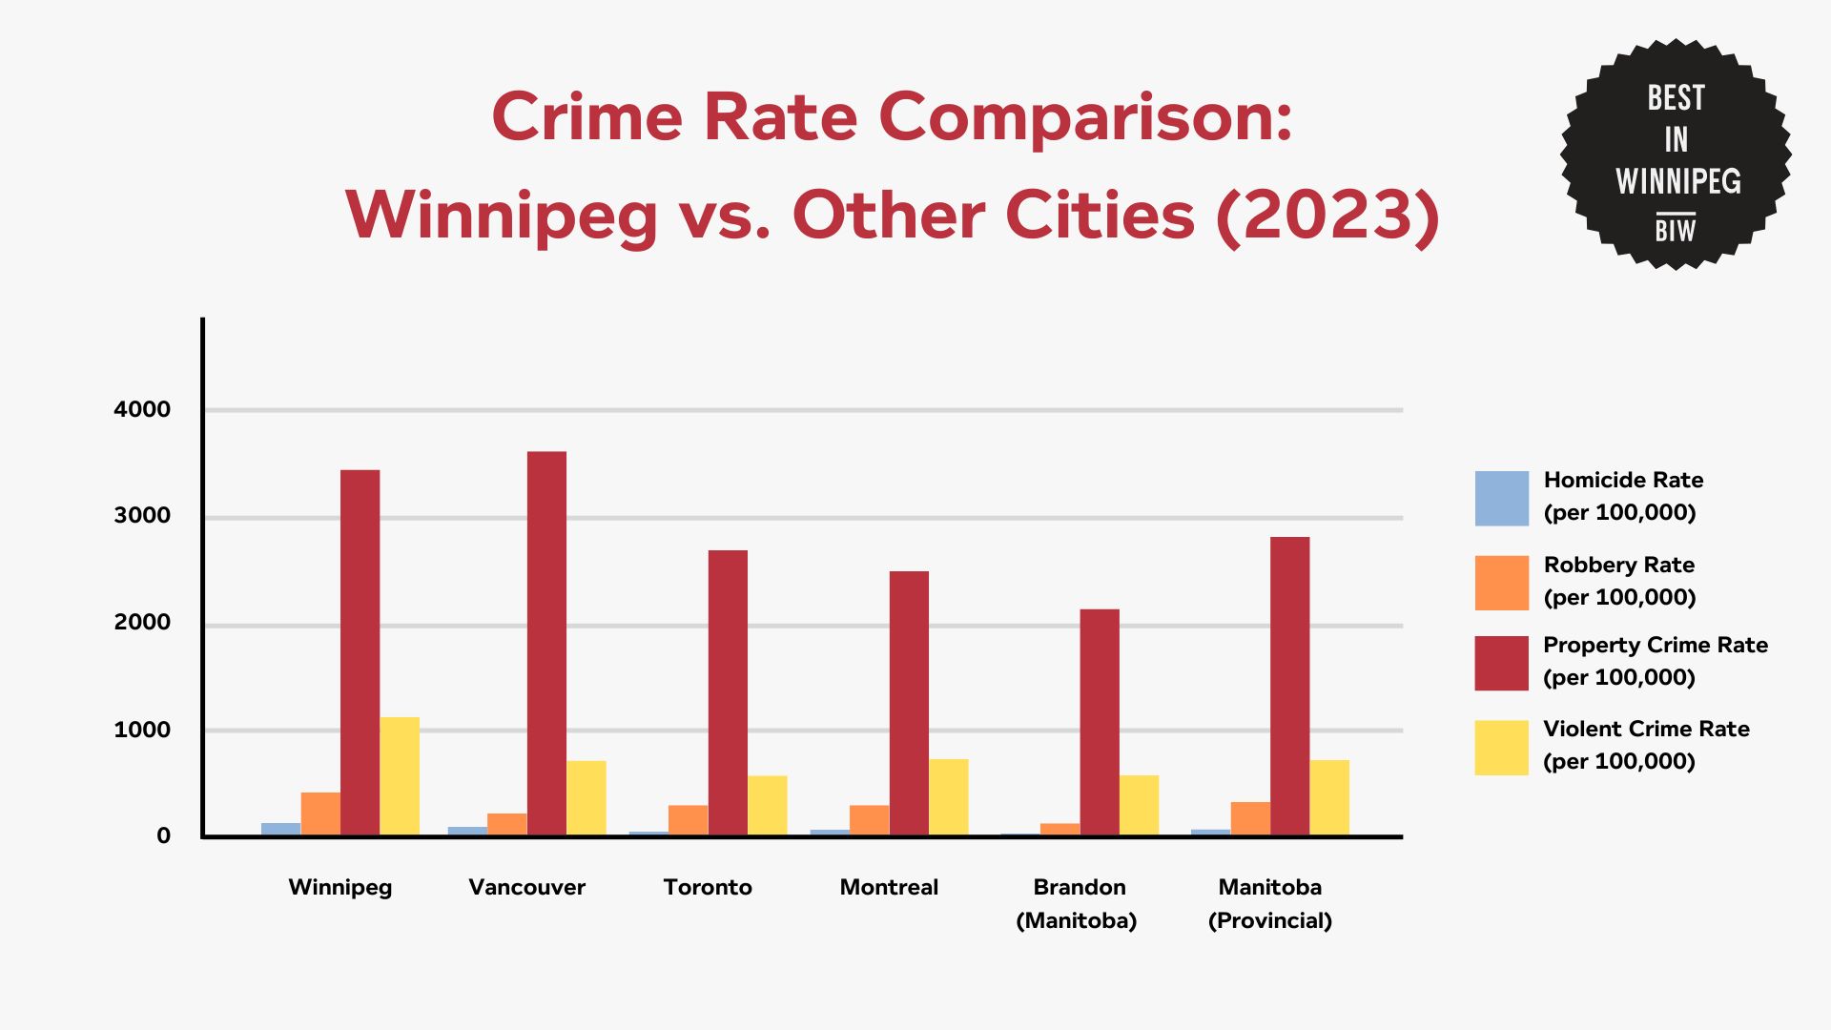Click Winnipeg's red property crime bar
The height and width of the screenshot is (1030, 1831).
coord(360,652)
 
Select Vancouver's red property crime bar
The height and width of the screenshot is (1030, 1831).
coord(546,644)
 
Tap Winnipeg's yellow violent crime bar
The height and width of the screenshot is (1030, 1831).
coord(400,776)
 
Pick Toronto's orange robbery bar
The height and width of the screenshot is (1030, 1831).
coord(688,820)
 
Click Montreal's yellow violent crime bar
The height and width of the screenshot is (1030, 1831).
coord(948,797)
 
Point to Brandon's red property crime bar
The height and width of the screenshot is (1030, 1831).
coord(1100,722)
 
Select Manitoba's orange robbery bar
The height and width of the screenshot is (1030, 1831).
coord(1250,818)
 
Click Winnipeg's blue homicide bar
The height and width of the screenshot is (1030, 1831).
coord(280,829)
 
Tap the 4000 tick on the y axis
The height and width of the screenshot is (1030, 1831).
coord(142,409)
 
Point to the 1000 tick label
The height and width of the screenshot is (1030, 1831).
coord(142,730)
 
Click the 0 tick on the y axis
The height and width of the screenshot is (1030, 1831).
coord(164,835)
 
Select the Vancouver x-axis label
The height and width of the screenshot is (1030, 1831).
coord(526,887)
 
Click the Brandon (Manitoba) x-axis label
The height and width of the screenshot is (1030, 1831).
coord(1078,903)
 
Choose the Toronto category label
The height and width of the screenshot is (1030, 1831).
coord(708,887)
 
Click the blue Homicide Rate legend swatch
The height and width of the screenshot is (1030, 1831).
coord(1501,498)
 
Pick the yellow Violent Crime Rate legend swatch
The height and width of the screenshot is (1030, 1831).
coord(1501,747)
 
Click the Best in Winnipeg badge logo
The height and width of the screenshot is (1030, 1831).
coord(1676,154)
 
